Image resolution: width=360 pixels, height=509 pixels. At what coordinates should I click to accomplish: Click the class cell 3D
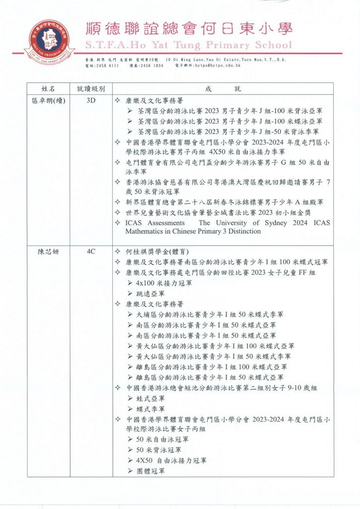[x=90, y=100]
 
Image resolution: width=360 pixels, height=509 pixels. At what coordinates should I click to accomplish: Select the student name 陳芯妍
[x=49, y=252]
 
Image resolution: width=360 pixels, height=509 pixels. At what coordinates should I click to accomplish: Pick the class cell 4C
[x=90, y=252]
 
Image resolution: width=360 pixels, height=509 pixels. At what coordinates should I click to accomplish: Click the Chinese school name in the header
[x=189, y=28]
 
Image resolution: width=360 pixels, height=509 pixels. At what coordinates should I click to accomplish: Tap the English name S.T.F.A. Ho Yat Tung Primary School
[x=189, y=45]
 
